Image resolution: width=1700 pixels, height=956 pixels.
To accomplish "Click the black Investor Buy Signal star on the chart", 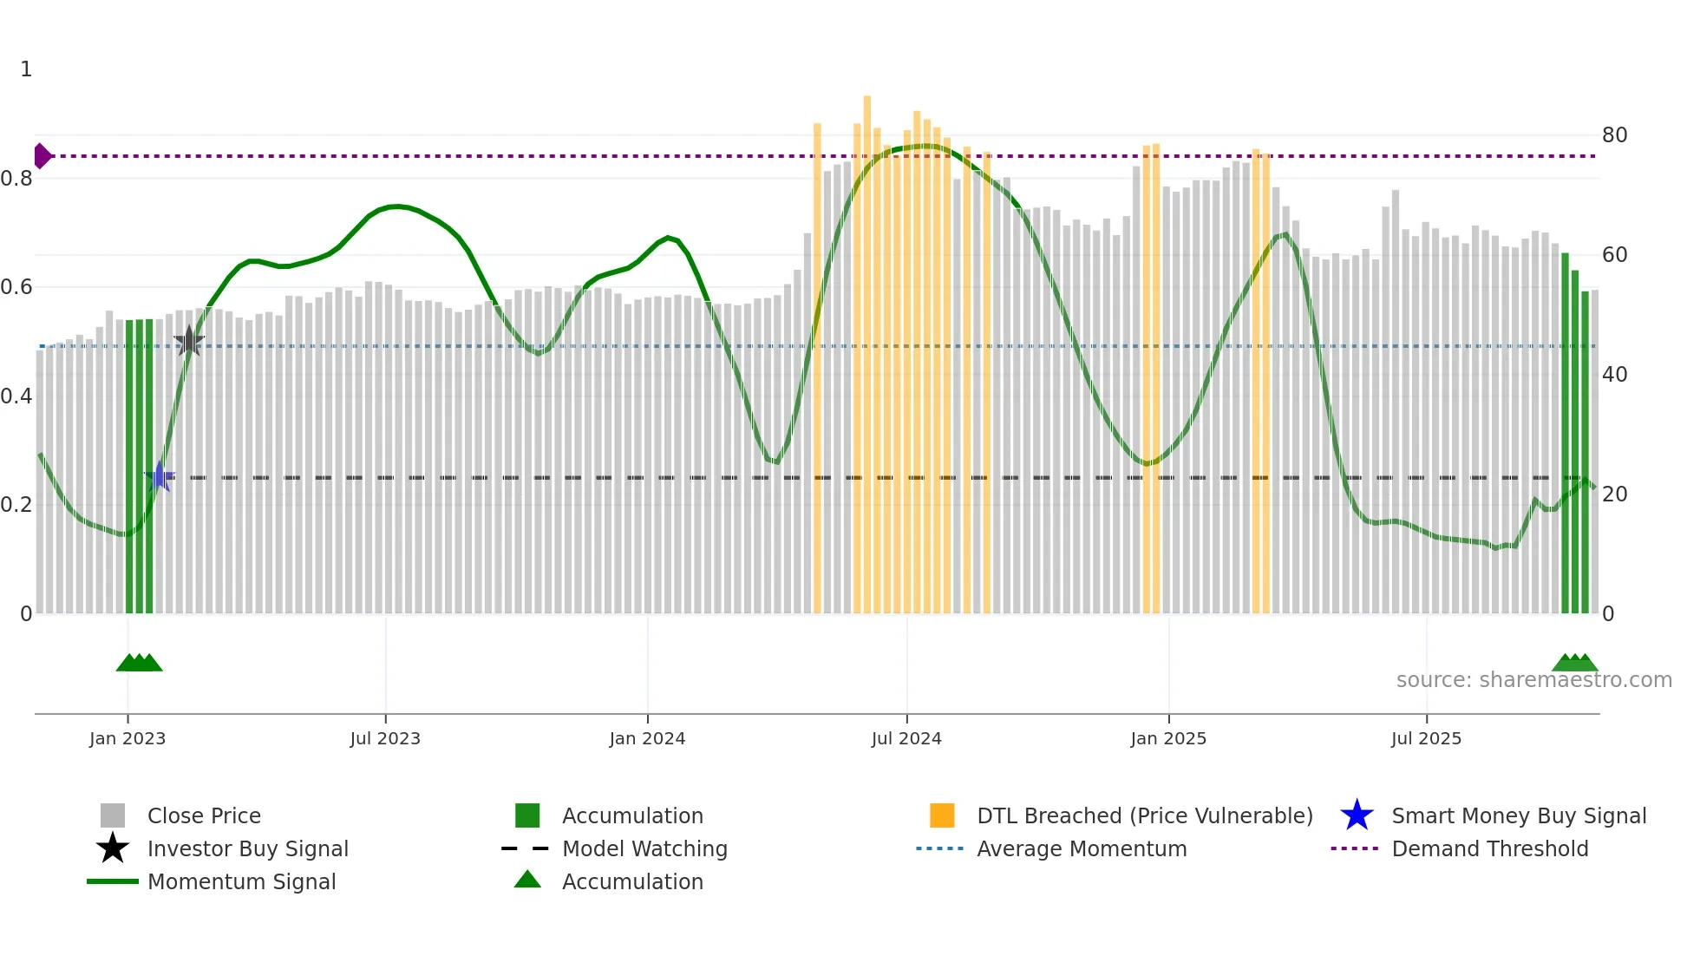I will tap(189, 341).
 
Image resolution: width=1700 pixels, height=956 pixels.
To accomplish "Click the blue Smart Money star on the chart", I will tap(160, 476).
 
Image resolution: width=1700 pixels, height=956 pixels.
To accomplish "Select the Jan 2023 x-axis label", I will tap(127, 738).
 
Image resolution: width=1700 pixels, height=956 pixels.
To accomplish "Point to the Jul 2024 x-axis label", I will tap(906, 738).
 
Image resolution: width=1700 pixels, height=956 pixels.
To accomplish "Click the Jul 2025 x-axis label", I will tap(1426, 738).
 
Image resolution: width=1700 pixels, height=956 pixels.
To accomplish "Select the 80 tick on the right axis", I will tap(1614, 135).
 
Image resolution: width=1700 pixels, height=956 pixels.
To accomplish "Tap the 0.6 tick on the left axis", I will tap(17, 287).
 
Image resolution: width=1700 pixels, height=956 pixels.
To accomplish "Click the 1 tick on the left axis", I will tap(26, 69).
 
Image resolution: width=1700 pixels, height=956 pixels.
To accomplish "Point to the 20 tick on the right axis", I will tap(1614, 494).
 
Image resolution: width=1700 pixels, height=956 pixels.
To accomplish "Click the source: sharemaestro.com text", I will tap(1533, 680).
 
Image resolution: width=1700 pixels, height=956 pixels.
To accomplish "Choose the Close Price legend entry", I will tap(204, 815).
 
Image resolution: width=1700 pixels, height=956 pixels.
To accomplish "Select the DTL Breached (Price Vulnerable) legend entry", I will tap(1144, 815).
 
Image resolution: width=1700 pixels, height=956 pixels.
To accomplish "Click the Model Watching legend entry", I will tap(644, 848).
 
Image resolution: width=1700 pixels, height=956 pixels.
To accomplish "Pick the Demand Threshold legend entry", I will tap(1489, 848).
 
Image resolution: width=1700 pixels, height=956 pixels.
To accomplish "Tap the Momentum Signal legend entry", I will tap(241, 881).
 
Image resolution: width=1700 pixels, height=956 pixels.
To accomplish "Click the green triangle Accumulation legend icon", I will tap(527, 880).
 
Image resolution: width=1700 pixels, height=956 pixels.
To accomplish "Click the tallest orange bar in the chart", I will tap(866, 347).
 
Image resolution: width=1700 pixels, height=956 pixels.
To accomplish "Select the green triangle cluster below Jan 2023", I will tap(139, 663).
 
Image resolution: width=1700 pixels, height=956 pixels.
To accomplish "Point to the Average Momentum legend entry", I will tap(1081, 848).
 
